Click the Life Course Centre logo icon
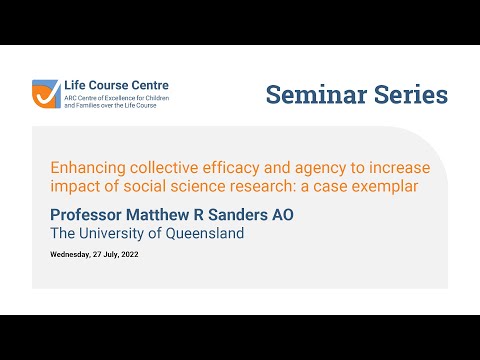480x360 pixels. pyautogui.click(x=46, y=93)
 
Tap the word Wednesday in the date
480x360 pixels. pyautogui.click(x=74, y=255)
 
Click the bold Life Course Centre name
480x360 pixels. pyautogui.click(x=114, y=86)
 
